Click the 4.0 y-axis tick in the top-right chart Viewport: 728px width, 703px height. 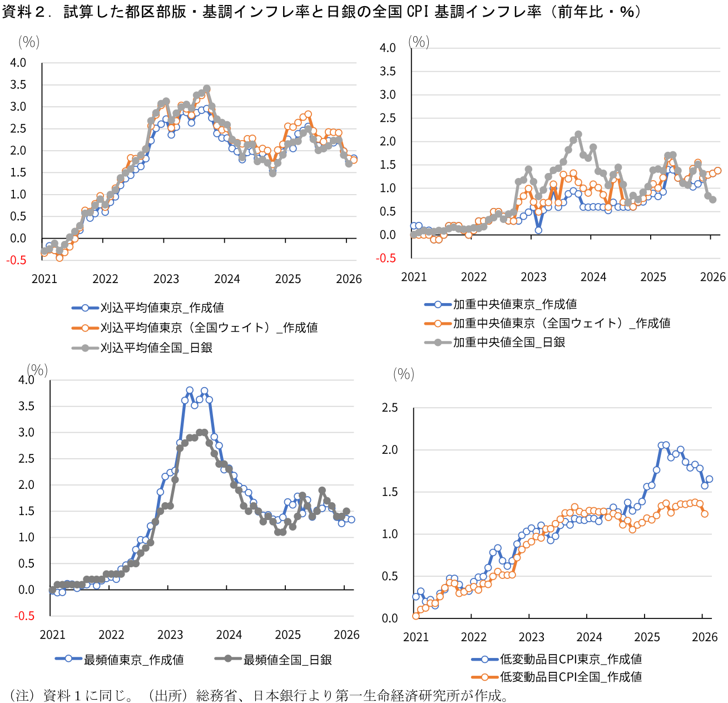388,48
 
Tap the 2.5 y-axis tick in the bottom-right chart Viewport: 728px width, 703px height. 390,408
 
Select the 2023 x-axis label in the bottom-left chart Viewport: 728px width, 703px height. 170,635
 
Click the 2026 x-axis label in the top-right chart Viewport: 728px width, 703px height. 712,277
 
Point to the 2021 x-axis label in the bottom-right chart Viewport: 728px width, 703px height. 416,637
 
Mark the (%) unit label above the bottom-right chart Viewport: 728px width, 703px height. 404,374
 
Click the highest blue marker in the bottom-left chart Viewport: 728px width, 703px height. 190,390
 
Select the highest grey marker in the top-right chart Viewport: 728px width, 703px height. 578,134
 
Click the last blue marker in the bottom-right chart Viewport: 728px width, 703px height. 709,479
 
